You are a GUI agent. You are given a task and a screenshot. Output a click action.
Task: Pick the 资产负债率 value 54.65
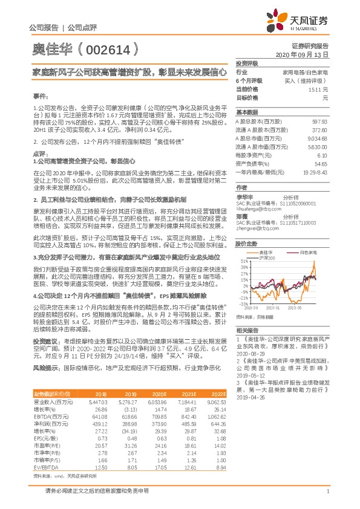coord(321,163)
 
